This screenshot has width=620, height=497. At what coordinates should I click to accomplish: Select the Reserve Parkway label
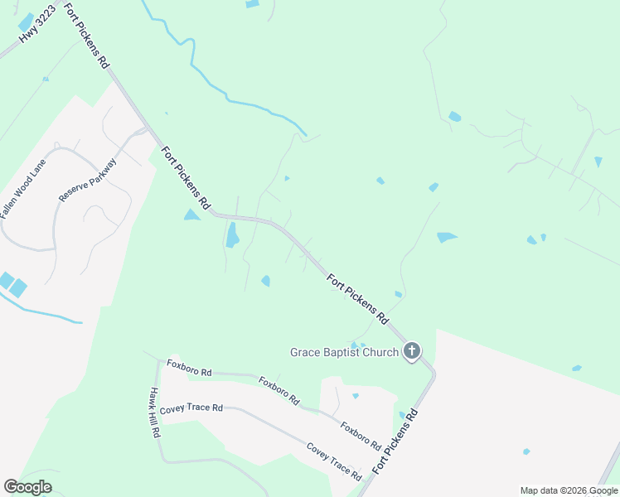[88, 180]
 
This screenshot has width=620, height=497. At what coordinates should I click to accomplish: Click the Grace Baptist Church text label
[344, 352]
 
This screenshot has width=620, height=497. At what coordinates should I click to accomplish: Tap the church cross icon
[412, 352]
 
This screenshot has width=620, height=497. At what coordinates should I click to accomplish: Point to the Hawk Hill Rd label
[155, 413]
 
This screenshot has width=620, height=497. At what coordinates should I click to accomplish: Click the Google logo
[27, 487]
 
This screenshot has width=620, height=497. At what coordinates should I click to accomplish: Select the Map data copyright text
[568, 490]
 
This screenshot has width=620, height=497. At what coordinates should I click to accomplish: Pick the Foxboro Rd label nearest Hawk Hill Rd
[189, 368]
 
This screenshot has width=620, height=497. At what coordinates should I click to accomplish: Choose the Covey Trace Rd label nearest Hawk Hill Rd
[191, 408]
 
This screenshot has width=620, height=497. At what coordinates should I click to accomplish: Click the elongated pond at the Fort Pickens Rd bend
[232, 234]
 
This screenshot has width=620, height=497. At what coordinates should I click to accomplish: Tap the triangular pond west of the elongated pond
[191, 215]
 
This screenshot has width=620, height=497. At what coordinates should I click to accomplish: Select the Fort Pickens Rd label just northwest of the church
[358, 299]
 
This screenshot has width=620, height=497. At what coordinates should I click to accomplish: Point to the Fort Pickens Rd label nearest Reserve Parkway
[186, 178]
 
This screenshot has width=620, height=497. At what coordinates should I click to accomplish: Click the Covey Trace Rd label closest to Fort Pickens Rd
[334, 462]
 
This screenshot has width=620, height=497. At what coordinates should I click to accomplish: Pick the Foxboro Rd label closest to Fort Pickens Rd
[359, 432]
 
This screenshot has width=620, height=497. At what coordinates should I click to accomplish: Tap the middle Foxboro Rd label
[279, 390]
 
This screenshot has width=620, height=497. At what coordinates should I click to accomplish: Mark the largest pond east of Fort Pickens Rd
[447, 238]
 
